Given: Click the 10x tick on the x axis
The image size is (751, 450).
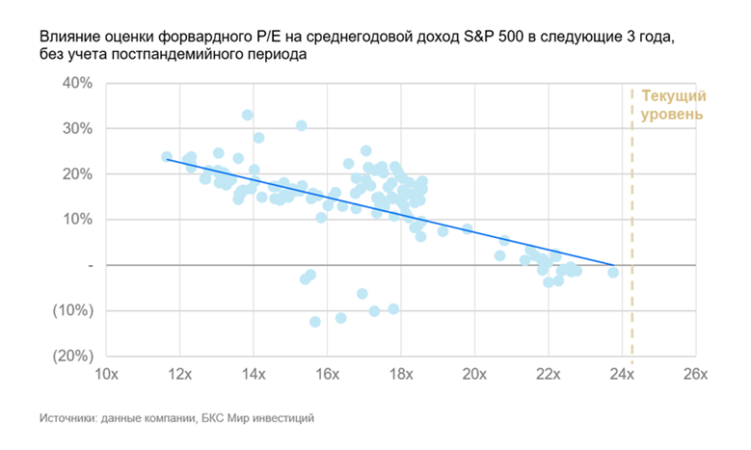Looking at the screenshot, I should tap(105, 374).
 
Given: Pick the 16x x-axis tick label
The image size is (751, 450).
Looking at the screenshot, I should tap(327, 374).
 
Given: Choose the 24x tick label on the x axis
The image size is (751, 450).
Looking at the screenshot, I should tap(621, 374).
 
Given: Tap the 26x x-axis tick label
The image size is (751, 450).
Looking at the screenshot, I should tap(695, 374).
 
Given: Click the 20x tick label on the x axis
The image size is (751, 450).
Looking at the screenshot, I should tap(474, 374).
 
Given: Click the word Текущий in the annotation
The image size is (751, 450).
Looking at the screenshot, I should tap(674, 97).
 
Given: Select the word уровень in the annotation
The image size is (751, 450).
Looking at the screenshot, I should tap(672, 115).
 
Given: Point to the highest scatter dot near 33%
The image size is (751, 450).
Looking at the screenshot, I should tap(247, 115).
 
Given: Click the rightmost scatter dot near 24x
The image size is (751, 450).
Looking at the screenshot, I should tap(613, 273).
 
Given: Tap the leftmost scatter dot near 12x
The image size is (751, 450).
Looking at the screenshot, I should tap(167, 156).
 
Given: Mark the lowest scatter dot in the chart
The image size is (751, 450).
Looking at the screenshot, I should tap(315, 322).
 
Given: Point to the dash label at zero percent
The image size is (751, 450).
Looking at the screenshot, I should tap(89, 265).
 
